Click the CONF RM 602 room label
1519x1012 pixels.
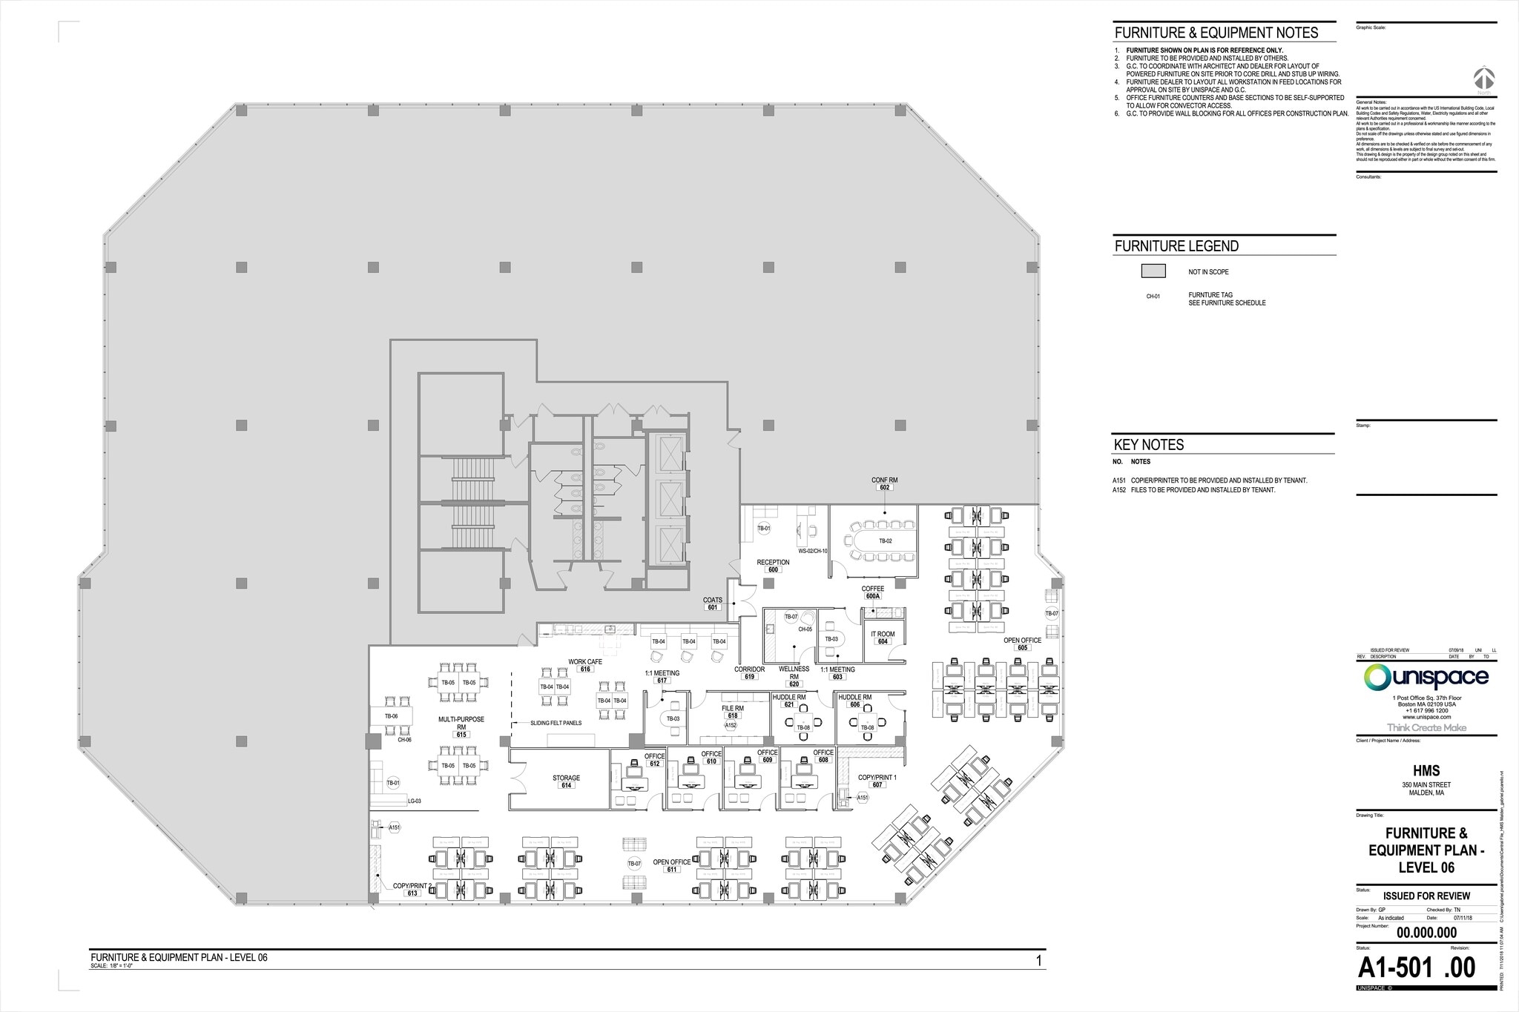[x=884, y=483]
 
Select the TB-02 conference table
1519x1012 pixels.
[x=885, y=541]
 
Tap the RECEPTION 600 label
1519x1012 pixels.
[x=773, y=566]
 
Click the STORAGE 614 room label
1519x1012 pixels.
[x=566, y=781]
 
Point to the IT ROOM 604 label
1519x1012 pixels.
[x=883, y=638]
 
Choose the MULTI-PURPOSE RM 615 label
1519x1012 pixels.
[x=461, y=727]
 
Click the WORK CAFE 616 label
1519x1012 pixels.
[x=585, y=665]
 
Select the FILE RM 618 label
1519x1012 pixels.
[x=733, y=712]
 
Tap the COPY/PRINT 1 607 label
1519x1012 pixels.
[x=877, y=781]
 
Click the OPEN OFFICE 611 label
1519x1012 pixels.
[x=672, y=865]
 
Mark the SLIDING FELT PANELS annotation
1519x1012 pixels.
[x=556, y=723]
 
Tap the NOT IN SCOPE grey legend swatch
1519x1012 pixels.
[x=1153, y=271]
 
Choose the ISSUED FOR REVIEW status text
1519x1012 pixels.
[x=1426, y=896]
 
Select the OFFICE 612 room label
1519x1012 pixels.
[x=654, y=759]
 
